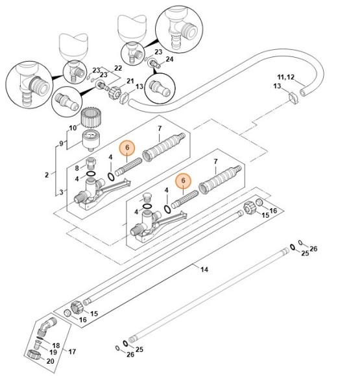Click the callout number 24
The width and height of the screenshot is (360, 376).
tap(170, 59)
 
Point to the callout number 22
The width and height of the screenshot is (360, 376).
tap(118, 68)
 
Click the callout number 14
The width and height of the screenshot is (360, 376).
tap(204, 268)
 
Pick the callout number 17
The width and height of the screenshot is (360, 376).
tap(71, 351)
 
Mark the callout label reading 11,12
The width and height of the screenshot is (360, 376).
tap(286, 77)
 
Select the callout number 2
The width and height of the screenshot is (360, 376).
tap(47, 175)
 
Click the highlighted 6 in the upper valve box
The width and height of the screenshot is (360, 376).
tap(128, 148)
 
